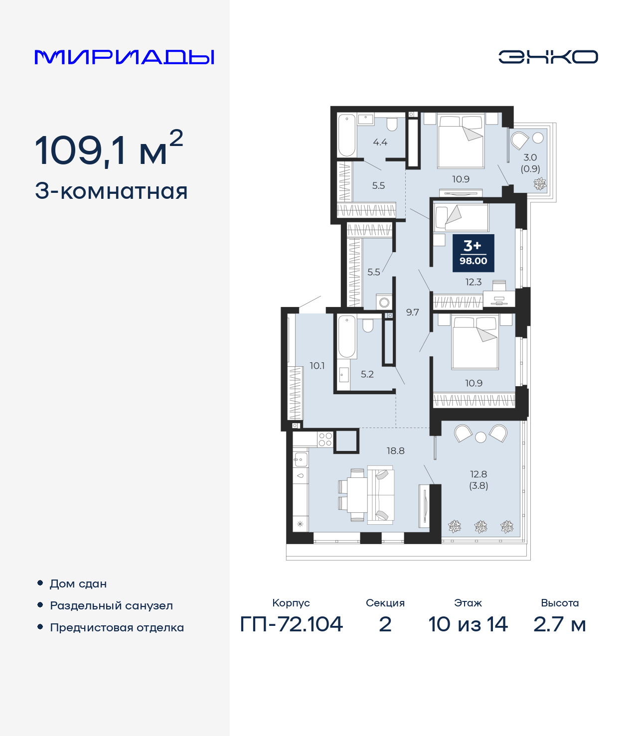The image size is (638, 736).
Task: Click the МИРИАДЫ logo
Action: point(125,57)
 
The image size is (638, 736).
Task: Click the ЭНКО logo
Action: point(548,57)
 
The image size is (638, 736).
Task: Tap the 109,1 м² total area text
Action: point(109,149)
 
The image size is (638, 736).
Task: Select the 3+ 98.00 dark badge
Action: point(473,253)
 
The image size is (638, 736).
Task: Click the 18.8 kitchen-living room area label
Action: point(395,451)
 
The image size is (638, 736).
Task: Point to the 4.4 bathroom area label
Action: point(380,143)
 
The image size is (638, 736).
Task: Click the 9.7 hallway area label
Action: point(412,312)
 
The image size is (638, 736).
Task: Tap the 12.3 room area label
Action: point(473,282)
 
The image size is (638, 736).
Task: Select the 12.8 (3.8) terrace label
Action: point(478,480)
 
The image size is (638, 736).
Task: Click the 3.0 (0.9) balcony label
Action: point(530,163)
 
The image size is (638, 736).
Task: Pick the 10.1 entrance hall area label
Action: point(317,366)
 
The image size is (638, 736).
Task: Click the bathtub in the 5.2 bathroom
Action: point(347,336)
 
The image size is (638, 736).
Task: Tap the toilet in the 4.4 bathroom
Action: point(392,124)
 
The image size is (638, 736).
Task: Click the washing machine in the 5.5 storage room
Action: point(384,302)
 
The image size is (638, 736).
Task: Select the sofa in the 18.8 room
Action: point(381,494)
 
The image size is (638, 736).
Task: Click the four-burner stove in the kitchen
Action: point(325,440)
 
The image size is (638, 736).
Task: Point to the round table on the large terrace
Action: point(480,438)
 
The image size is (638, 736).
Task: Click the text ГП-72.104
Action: point(292,624)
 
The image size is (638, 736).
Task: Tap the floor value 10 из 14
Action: point(468,624)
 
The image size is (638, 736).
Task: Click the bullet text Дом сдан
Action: point(78,584)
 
